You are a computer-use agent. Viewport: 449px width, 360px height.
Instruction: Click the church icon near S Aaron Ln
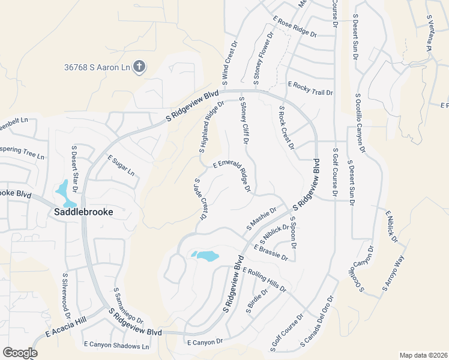(139, 66)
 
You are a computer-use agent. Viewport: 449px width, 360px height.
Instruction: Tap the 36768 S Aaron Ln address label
(97, 67)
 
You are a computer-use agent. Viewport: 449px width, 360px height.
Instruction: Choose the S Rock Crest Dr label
(286, 128)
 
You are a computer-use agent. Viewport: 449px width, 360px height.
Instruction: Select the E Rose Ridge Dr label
(295, 28)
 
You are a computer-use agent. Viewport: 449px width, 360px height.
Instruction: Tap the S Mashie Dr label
(261, 219)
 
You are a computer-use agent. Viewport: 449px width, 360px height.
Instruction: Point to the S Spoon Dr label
(294, 233)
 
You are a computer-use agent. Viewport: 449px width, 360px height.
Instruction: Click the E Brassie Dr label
(271, 253)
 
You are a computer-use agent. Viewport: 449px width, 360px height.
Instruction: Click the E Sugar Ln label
(121, 165)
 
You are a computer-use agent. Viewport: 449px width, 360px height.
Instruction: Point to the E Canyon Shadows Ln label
(116, 346)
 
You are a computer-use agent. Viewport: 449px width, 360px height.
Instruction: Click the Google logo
(20, 353)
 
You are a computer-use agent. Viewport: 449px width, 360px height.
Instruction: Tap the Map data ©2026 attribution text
(423, 355)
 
